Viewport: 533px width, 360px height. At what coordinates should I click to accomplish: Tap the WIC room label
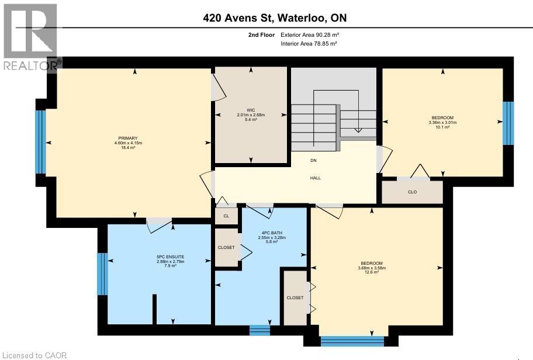coord(251,110)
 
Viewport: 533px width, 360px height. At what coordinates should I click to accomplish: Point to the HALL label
coord(315,178)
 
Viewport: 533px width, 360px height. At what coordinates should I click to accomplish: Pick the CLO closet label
coord(413,192)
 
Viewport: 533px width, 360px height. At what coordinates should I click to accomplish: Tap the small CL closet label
coord(226,216)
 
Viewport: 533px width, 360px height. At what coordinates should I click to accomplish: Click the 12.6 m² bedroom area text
coord(372,272)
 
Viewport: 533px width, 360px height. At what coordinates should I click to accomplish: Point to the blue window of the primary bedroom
coord(40,142)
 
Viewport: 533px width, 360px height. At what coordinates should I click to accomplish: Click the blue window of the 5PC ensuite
coord(103,274)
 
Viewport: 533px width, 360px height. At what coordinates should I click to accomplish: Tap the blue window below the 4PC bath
coord(259,330)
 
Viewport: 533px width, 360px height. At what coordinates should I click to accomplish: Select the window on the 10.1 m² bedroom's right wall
coord(508,123)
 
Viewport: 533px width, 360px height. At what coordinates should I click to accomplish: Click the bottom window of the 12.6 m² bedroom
coord(353,341)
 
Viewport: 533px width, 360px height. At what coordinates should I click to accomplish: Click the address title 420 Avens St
coord(278,18)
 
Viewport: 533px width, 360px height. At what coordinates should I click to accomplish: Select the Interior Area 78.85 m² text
coord(309,43)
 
